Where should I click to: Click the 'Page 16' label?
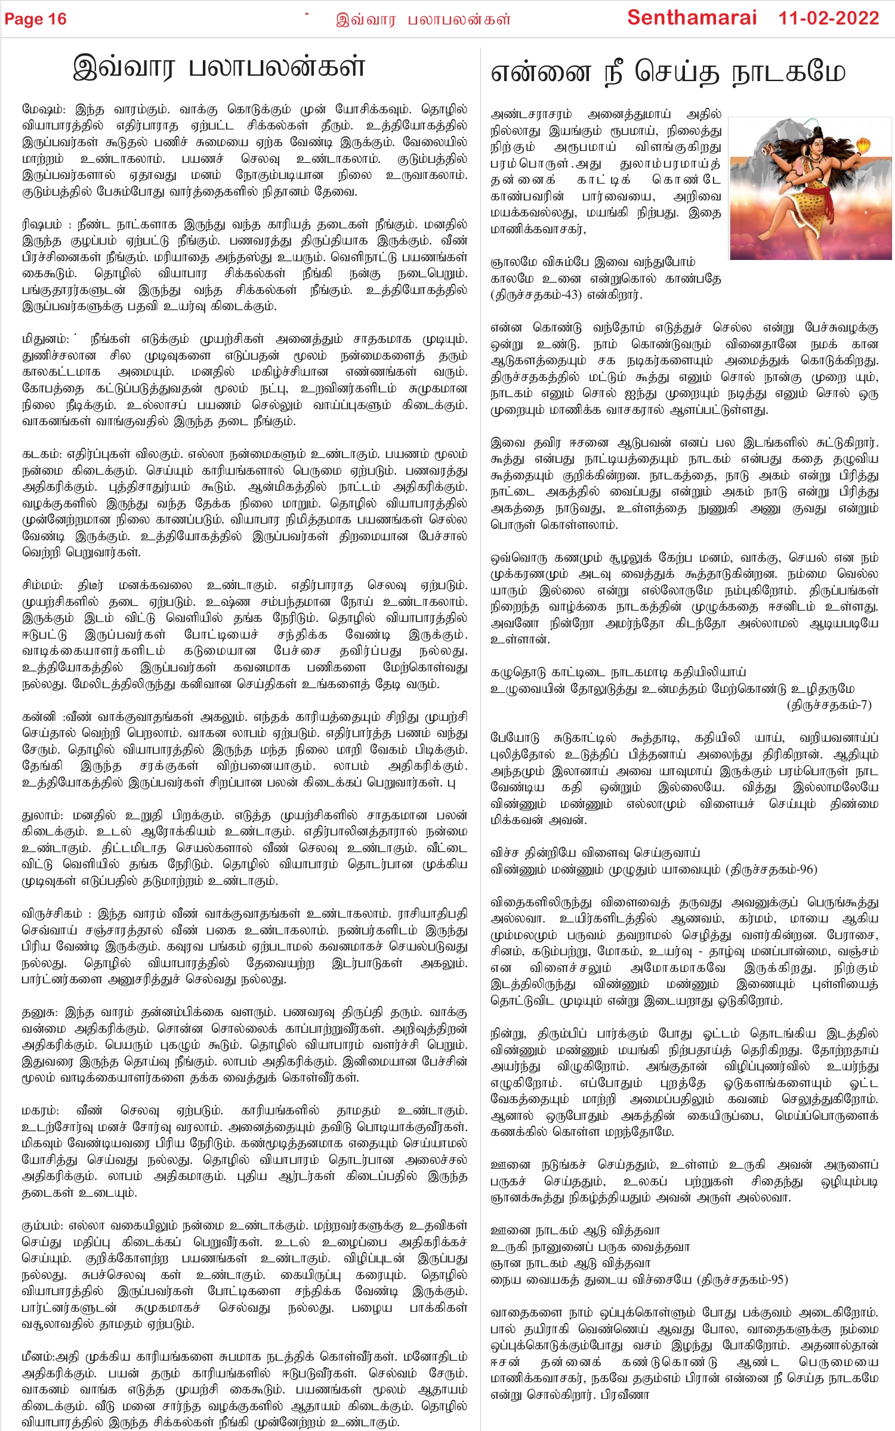(35, 19)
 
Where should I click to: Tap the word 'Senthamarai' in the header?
(692, 18)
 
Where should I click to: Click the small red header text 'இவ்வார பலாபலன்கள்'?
(423, 20)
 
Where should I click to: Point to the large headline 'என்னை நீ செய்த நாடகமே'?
(668, 73)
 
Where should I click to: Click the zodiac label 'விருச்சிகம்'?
(52, 913)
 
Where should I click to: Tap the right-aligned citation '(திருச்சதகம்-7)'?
(829, 705)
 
